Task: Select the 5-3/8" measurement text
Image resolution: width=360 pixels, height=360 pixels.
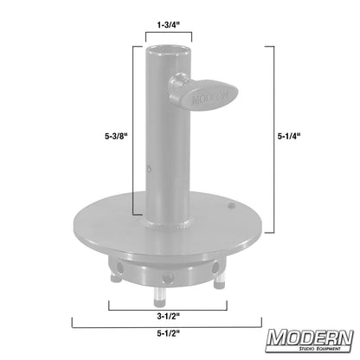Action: (114, 135)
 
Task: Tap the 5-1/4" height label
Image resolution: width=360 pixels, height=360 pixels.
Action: (291, 135)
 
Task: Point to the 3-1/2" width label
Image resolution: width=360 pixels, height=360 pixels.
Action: (166, 316)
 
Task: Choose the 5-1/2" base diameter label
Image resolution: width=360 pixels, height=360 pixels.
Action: (165, 334)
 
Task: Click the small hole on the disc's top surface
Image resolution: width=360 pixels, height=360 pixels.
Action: (231, 206)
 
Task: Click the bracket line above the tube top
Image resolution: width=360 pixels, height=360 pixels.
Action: (166, 40)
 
